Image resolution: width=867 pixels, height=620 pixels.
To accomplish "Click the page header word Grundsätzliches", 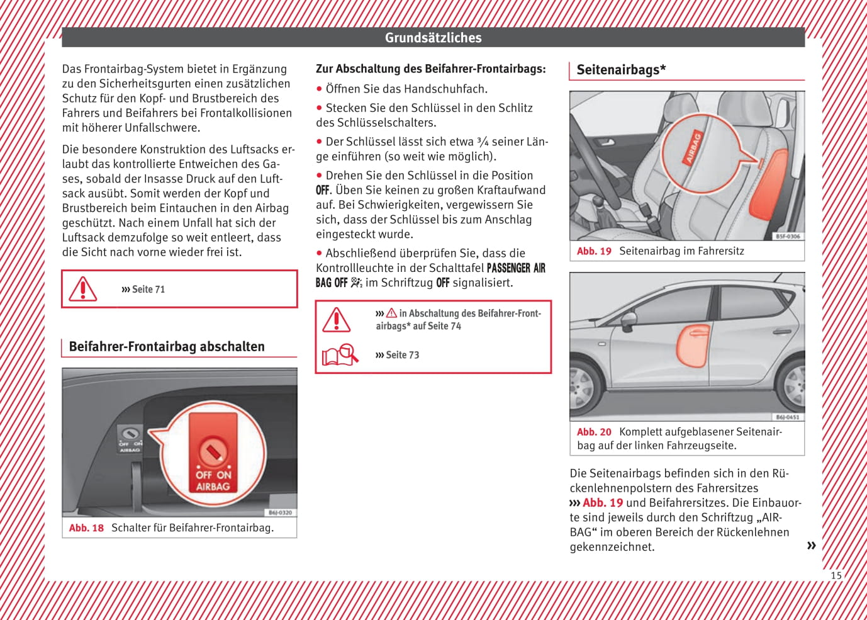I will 433,38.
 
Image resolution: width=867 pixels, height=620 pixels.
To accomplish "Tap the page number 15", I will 836,575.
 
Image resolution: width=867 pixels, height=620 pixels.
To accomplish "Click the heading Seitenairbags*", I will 621,70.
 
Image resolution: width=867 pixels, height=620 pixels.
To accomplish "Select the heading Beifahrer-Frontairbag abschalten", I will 167,347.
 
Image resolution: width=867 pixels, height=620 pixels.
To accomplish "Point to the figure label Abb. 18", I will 86,528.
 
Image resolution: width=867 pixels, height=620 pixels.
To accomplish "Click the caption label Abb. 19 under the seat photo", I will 594,251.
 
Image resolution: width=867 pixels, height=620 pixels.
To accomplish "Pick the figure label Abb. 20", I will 594,432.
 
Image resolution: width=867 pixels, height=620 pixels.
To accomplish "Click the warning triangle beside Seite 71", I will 82,289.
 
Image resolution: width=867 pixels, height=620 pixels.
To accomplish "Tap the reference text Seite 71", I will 148,290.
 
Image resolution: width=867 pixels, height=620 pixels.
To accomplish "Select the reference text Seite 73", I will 402,355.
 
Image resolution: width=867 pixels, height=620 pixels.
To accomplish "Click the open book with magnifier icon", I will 340,355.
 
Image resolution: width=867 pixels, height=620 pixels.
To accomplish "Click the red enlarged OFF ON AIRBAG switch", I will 213,453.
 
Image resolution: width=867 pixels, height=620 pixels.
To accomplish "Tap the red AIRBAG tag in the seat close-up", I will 693,147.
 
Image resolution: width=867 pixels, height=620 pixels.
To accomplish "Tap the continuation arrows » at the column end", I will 811,545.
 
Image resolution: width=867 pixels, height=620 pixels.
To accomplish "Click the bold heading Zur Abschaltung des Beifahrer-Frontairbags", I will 431,69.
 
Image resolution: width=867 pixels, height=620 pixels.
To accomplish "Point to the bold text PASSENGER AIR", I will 516,268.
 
